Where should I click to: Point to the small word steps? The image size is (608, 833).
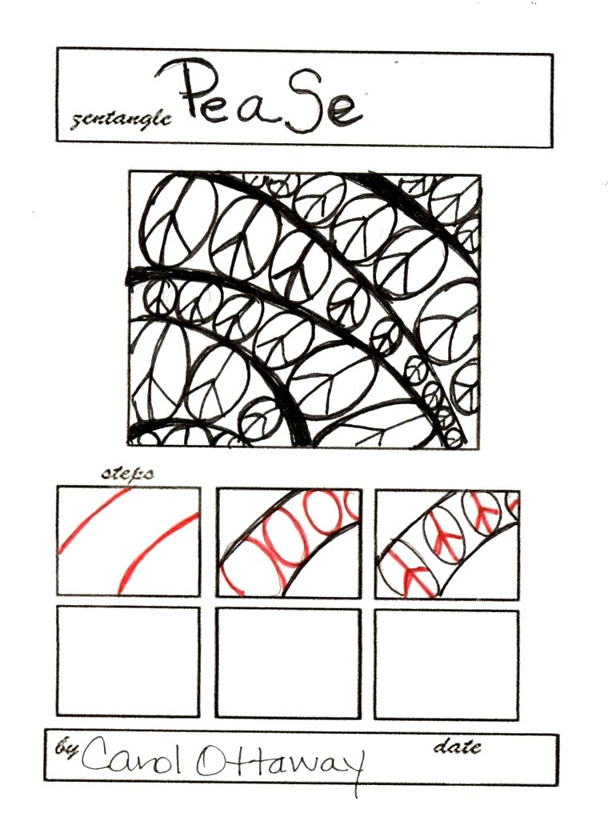pyautogui.click(x=127, y=474)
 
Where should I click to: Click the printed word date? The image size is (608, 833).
pyautogui.click(x=458, y=747)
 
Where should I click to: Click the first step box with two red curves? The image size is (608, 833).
pyautogui.click(x=129, y=542)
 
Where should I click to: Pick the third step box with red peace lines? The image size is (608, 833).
pyautogui.click(x=446, y=545)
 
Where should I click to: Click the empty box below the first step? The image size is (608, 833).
pyautogui.click(x=128, y=662)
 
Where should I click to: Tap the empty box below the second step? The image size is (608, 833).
pyautogui.click(x=288, y=663)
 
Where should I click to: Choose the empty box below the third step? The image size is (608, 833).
pyautogui.click(x=446, y=665)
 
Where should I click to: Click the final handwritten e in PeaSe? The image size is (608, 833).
pyautogui.click(x=345, y=111)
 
